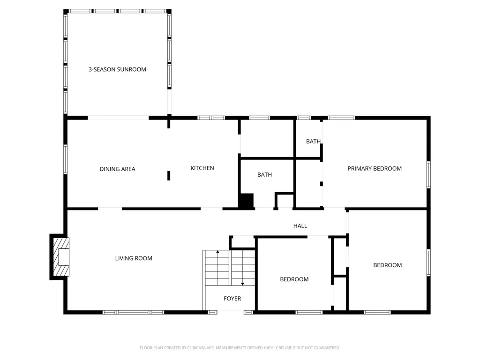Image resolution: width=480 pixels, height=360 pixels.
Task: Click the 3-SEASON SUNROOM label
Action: (x=117, y=69)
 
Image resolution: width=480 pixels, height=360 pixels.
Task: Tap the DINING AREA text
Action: (x=117, y=169)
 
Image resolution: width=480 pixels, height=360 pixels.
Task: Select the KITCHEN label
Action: (x=202, y=168)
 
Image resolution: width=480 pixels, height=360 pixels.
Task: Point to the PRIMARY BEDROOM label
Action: (x=374, y=169)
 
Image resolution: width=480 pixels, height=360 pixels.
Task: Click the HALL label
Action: (x=300, y=226)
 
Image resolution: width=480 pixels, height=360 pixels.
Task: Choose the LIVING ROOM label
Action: (x=134, y=258)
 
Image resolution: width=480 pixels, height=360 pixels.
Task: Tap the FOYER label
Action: (x=232, y=299)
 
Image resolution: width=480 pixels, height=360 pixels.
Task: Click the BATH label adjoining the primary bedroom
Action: (x=313, y=142)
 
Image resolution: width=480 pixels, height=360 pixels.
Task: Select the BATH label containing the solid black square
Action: (x=264, y=175)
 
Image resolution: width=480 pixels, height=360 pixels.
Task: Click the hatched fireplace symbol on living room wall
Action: (x=60, y=257)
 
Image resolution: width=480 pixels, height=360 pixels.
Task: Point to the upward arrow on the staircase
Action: (x=217, y=253)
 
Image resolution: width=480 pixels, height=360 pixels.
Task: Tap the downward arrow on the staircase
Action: (x=242, y=283)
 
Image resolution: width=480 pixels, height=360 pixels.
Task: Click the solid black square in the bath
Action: (x=246, y=201)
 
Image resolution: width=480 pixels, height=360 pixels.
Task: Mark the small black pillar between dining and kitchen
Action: (x=169, y=175)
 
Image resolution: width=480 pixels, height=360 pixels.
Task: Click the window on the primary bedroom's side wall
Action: (x=428, y=175)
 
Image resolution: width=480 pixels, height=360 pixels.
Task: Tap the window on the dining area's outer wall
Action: (x=66, y=159)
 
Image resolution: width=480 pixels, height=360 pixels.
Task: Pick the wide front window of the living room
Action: (x=134, y=312)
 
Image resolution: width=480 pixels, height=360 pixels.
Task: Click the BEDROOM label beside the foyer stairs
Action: (x=294, y=279)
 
